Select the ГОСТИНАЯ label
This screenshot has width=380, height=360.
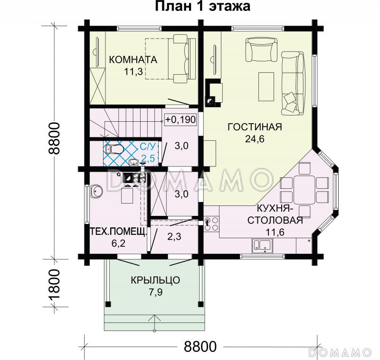(x=255, y=127)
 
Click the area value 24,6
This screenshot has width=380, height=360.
(x=255, y=139)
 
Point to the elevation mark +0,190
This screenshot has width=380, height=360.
(x=180, y=119)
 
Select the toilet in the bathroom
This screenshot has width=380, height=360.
(x=114, y=150)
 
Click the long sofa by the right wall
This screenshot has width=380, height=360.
(x=292, y=83)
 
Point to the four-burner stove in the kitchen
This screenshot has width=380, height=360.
(x=211, y=223)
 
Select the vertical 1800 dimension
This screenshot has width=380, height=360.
(x=55, y=284)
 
